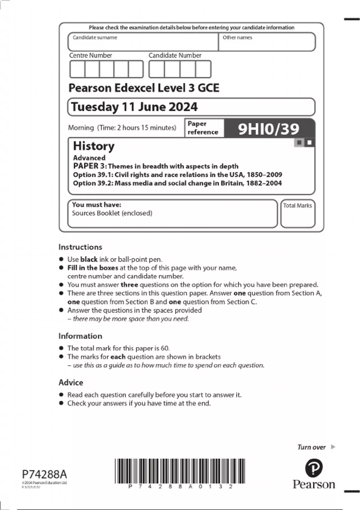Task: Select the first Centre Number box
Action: [77, 69]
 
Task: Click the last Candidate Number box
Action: [203, 69]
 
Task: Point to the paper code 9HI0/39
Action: [268, 129]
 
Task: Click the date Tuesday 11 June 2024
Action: [134, 107]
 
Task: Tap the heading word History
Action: [94, 146]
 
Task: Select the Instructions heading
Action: [80, 247]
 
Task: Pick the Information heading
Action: [80, 336]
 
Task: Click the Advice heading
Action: [71, 382]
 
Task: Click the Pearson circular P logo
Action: [314, 468]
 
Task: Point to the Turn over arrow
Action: [333, 447]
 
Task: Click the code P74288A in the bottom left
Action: [44, 474]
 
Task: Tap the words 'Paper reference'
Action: [202, 128]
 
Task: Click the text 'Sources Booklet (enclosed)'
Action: [112, 213]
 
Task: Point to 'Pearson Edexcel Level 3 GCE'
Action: [144, 88]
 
